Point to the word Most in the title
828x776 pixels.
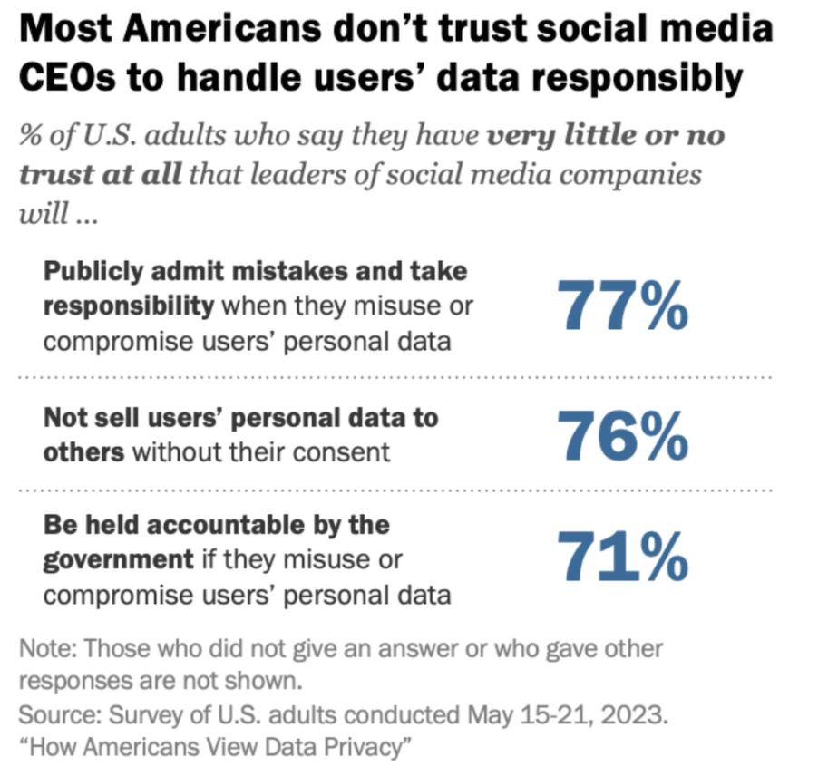[60, 30]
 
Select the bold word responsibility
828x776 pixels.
[128, 306]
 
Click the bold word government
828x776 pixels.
[118, 559]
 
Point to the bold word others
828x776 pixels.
[83, 451]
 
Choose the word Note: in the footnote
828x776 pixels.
[48, 650]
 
